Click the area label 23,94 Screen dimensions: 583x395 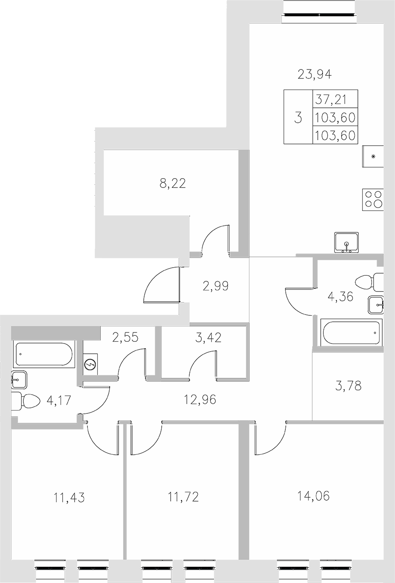pyautogui.click(x=314, y=75)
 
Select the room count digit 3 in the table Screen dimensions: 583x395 pyautogui.click(x=298, y=117)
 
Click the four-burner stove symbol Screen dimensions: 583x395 pyautogui.click(x=373, y=199)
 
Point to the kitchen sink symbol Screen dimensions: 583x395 pyautogui.click(x=347, y=242)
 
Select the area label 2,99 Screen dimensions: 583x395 pyautogui.click(x=216, y=286)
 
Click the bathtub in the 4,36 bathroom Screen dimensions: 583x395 pyautogui.click(x=350, y=333)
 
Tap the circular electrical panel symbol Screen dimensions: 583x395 pyautogui.click(x=90, y=365)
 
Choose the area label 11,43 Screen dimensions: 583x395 pyautogui.click(x=69, y=497)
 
